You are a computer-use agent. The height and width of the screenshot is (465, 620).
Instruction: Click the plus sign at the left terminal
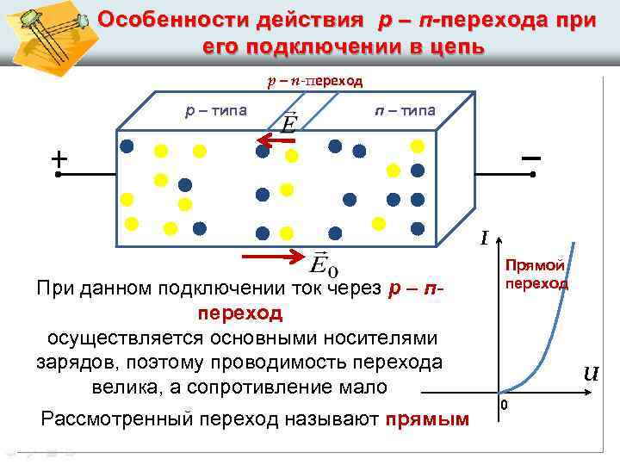tap(58, 159)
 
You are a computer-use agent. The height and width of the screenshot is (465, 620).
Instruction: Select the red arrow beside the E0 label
tap(275, 256)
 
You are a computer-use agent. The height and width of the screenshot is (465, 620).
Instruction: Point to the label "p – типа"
tap(216, 111)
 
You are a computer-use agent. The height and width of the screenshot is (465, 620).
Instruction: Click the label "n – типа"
tap(405, 111)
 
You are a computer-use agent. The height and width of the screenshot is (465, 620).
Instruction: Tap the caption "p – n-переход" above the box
tap(314, 82)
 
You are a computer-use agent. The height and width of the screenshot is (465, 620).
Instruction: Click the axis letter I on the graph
tap(487, 238)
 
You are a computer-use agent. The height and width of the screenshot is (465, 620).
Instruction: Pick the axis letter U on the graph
tap(591, 374)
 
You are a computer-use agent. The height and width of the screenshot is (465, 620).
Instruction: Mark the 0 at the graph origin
tap(505, 405)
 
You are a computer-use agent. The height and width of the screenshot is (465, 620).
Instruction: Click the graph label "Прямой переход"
tap(536, 274)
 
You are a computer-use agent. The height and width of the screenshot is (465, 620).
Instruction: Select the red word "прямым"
tap(427, 419)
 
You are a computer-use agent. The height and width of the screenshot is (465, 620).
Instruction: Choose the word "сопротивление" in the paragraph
tap(306, 387)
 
